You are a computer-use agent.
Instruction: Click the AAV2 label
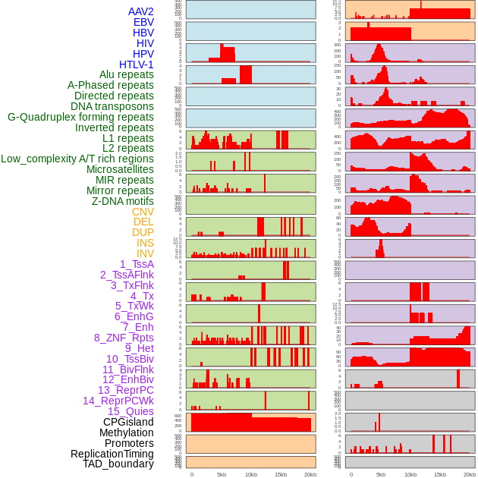[x=141, y=11]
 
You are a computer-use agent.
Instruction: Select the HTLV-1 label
[x=137, y=64]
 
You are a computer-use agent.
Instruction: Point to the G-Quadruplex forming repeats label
[x=80, y=117]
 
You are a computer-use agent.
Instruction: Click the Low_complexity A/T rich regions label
[x=77, y=159]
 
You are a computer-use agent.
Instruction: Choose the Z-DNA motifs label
[x=123, y=201]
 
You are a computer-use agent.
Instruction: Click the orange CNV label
[x=143, y=212]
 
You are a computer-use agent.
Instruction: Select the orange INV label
[x=145, y=253]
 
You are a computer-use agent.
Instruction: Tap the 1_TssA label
[x=137, y=264]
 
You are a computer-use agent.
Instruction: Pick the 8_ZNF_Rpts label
[x=124, y=338]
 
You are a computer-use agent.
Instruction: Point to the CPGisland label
[x=128, y=422]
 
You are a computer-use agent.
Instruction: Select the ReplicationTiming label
[x=112, y=454]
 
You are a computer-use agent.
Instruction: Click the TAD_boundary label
[x=118, y=464]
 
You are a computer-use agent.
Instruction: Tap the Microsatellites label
[x=120, y=169]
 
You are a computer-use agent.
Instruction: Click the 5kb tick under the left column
[x=222, y=474]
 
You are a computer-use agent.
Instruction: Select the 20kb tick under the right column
[x=470, y=474]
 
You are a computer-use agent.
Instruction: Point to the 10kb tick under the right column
[x=410, y=474]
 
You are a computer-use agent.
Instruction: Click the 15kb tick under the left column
[x=281, y=474]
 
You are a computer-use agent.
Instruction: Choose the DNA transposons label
[x=112, y=106]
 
